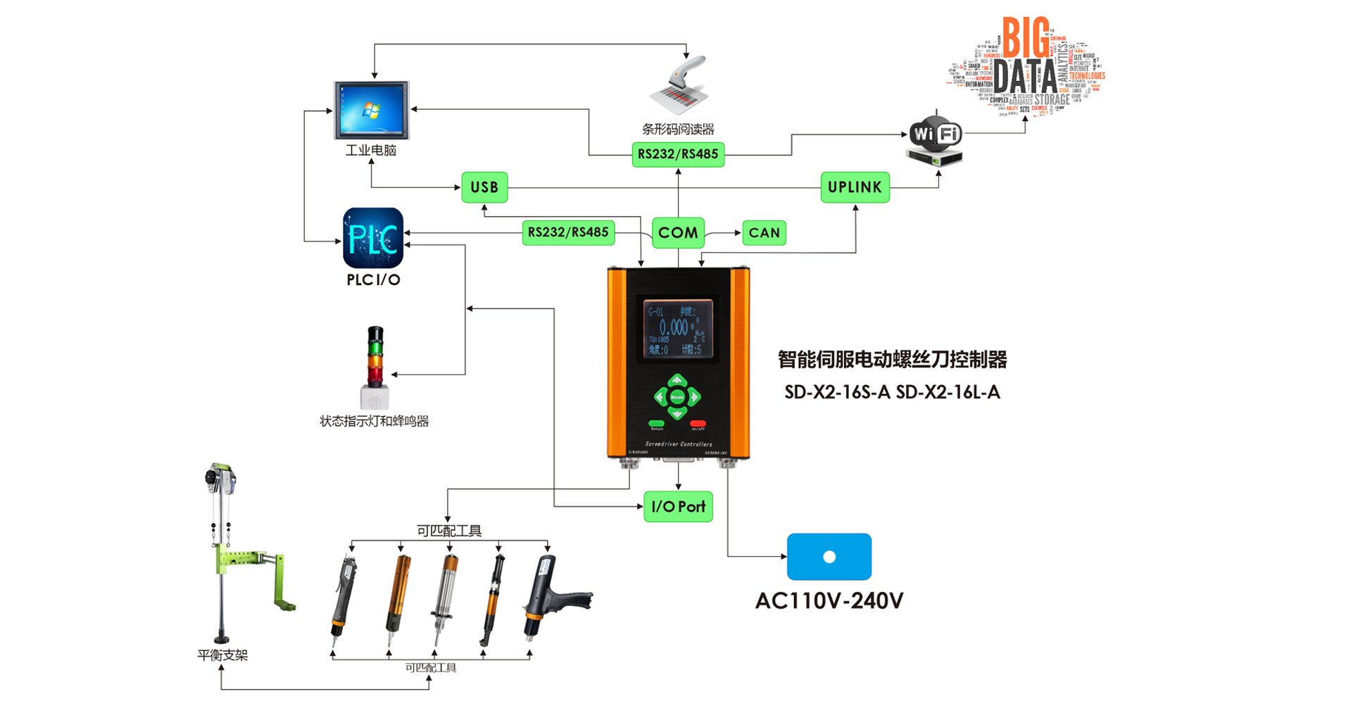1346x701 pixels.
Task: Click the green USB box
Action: click(484, 187)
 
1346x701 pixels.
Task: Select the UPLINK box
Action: click(855, 187)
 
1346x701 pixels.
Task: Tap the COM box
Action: click(678, 233)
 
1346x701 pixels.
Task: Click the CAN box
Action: click(764, 233)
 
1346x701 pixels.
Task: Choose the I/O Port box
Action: click(678, 507)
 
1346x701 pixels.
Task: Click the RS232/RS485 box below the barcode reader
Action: click(678, 154)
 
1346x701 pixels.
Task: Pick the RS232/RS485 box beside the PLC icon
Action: click(568, 232)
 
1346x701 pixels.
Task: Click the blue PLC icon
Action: click(373, 238)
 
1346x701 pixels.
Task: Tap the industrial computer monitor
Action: click(371, 110)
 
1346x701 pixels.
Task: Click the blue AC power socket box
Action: click(829, 557)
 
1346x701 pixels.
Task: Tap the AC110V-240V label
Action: click(829, 601)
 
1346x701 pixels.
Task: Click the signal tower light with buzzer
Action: click(375, 367)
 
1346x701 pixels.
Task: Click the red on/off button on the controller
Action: click(698, 424)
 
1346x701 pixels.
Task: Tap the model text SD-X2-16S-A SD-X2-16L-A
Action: click(892, 393)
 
